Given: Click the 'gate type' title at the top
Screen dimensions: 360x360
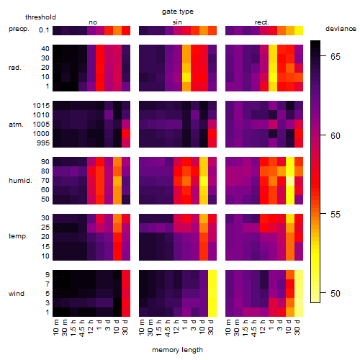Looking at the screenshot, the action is (x=178, y=12).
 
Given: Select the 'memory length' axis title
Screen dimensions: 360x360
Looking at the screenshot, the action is (x=177, y=350).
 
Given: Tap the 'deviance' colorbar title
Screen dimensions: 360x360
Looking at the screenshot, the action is (x=341, y=29).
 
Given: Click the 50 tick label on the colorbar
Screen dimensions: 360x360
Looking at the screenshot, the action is (x=336, y=293).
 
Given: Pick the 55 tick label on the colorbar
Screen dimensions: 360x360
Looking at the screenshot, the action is (x=336, y=215).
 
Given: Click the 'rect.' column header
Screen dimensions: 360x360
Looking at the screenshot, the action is (x=261, y=22).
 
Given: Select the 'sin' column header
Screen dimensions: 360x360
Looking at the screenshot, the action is (x=177, y=22).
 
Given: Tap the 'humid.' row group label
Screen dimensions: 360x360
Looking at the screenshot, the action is (x=20, y=181).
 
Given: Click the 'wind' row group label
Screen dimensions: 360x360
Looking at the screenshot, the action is (x=17, y=294).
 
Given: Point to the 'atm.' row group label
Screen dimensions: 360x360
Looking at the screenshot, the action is (x=16, y=125).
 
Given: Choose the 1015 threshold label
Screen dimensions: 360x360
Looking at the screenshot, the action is (x=41, y=105).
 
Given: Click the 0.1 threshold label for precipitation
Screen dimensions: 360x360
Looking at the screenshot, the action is (x=44, y=30).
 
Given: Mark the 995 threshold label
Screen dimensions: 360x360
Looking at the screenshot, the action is (x=43, y=143).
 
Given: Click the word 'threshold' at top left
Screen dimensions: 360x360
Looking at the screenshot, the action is (x=40, y=17).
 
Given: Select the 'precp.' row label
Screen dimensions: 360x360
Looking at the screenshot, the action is (x=19, y=29).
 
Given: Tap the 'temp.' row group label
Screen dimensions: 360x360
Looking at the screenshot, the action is (x=18, y=236).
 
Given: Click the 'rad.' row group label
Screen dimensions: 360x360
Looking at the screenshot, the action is (x=15, y=68).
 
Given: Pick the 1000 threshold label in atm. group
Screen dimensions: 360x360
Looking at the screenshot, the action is (x=41, y=134).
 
